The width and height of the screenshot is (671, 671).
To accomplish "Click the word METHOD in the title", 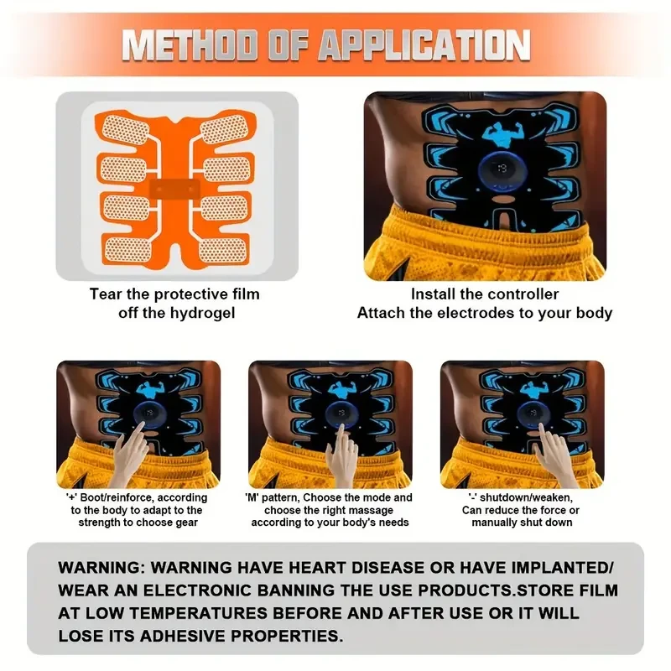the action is pos(190,45).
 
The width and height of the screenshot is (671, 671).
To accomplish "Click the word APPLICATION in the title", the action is pos(424,45).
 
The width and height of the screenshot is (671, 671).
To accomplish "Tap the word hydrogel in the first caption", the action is pos(203,313).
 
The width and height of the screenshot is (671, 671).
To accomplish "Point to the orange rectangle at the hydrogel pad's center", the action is pos(174,190).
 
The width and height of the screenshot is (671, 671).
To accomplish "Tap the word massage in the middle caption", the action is pos(372,510).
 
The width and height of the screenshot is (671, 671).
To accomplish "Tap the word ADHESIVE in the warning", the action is pos(183,637).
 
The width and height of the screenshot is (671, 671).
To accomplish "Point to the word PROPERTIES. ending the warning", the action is pos(287,637).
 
